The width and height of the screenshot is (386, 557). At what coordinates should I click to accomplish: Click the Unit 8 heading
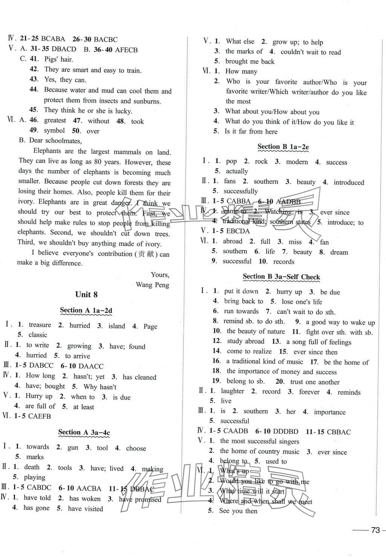[86, 295]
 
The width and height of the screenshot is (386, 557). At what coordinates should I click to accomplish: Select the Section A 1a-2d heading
[86, 311]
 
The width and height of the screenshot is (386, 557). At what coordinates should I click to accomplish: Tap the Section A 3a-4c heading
[84, 433]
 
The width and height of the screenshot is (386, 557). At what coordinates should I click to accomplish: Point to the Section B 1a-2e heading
[283, 147]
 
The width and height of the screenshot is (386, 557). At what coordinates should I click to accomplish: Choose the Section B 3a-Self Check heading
[281, 277]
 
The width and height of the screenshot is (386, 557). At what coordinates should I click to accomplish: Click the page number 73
[375, 530]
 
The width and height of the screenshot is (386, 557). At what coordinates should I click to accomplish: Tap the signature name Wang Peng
[152, 285]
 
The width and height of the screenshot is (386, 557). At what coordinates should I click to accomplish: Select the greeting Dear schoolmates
[55, 141]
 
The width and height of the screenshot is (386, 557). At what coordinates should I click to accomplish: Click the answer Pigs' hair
[58, 59]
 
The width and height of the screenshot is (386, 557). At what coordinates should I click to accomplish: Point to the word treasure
[40, 325]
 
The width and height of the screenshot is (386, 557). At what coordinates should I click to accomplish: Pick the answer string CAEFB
[39, 417]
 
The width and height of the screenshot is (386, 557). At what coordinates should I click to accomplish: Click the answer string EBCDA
[238, 231]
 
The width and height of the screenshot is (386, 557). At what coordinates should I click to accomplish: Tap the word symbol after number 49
[54, 131]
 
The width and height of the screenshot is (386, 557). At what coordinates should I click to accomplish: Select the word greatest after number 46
[55, 120]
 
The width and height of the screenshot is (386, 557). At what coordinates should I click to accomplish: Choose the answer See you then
[238, 511]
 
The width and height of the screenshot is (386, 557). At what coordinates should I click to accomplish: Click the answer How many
[241, 71]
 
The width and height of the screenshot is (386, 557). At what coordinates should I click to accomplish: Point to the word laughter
[232, 391]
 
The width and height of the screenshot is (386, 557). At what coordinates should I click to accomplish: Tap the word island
[116, 326]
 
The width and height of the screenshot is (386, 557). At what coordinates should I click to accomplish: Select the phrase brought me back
[250, 62]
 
